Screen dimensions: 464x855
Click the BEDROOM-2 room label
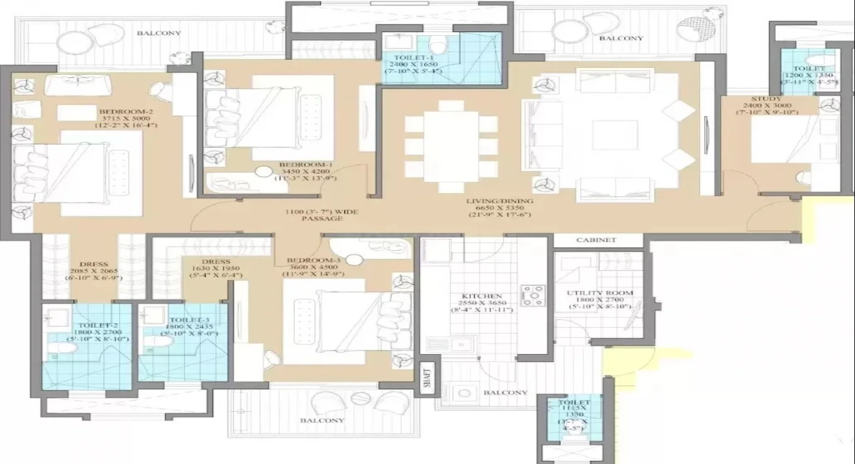(127, 112)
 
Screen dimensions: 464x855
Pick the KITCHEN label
(482, 296)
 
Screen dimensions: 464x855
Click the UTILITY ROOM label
(599, 293)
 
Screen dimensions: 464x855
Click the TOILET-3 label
(189, 320)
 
